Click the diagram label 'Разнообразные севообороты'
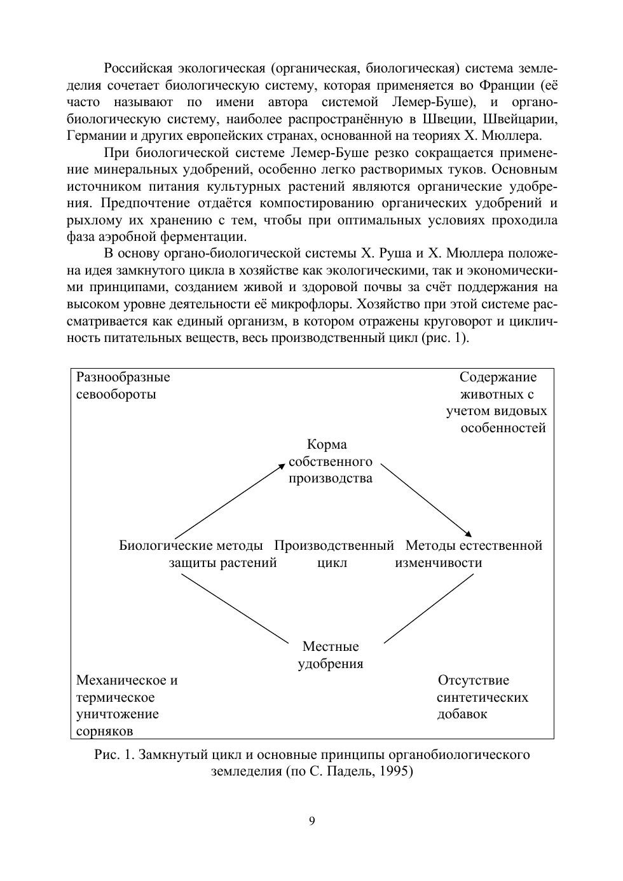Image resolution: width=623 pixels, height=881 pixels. tap(123, 386)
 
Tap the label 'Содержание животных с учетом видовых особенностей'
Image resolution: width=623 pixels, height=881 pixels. tap(497, 402)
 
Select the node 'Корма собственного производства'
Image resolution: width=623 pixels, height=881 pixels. tap(330, 461)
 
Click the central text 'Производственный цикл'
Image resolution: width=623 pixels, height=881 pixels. tap(334, 554)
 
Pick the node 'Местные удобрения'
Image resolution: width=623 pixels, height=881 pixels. tap(331, 655)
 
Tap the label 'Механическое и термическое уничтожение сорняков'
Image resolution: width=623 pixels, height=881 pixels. tap(126, 706)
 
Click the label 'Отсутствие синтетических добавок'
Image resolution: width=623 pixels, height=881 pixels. tap(481, 697)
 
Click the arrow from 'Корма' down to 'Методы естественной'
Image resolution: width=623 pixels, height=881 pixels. tap(425, 500)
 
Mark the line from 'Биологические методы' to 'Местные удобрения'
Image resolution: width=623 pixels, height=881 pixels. tap(235, 608)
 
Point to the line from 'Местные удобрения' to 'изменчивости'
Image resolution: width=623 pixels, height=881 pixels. tap(429, 608)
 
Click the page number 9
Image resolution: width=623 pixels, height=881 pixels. tap(311, 821)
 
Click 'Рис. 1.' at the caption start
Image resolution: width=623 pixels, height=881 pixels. tap(114, 755)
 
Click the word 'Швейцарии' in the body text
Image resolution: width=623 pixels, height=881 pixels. tap(526, 119)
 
